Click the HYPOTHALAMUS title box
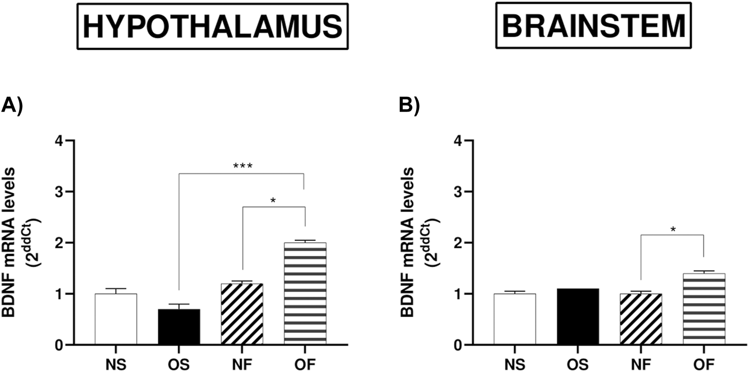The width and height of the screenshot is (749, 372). tap(213, 26)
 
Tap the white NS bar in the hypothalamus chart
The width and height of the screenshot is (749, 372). tap(116, 319)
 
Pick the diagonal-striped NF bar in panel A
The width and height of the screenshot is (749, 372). tap(242, 314)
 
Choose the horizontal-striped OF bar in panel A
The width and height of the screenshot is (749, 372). tap(305, 293)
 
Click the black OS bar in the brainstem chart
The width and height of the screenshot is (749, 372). tap(578, 316)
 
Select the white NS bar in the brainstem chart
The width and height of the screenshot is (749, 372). tap(515, 319)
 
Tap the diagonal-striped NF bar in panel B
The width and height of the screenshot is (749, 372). tap(641, 319)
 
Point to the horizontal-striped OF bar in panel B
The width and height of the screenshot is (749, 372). tap(704, 309)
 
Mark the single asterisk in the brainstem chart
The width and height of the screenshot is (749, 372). tap(673, 229)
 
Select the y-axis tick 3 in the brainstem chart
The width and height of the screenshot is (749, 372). tap(459, 192)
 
